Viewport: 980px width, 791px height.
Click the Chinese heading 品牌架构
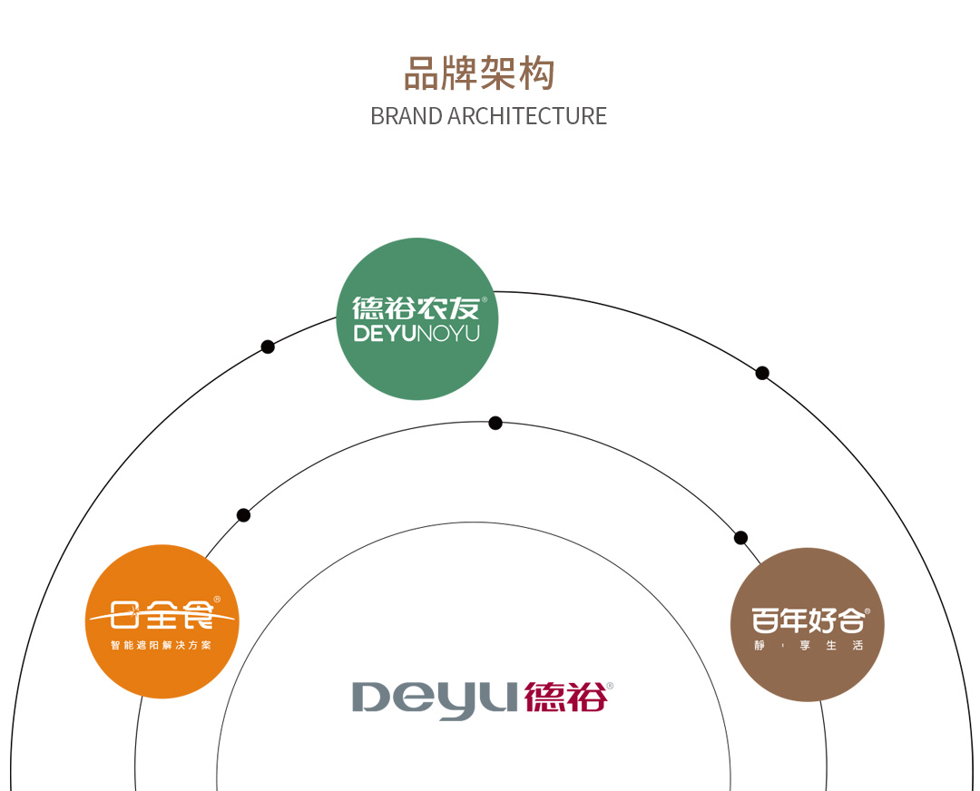pos(478,73)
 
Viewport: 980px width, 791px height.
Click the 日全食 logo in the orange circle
pos(162,616)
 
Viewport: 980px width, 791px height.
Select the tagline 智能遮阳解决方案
pos(162,646)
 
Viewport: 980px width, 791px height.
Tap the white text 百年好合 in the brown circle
pos(807,620)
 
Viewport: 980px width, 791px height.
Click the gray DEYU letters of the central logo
pos(436,699)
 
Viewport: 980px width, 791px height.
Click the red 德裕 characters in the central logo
pos(563,698)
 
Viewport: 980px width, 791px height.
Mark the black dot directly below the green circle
pos(495,423)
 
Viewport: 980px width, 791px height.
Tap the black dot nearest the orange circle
pos(243,515)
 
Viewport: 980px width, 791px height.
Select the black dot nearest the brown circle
pos(740,538)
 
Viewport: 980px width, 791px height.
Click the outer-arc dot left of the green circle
pos(268,347)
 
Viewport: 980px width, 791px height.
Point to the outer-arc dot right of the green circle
pos(762,373)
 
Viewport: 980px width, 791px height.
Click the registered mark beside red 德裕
pos(610,686)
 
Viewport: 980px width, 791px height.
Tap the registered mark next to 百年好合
pos(867,612)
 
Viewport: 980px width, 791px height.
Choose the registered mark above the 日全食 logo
pos(217,600)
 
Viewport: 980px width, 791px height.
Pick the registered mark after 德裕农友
pos(484,299)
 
